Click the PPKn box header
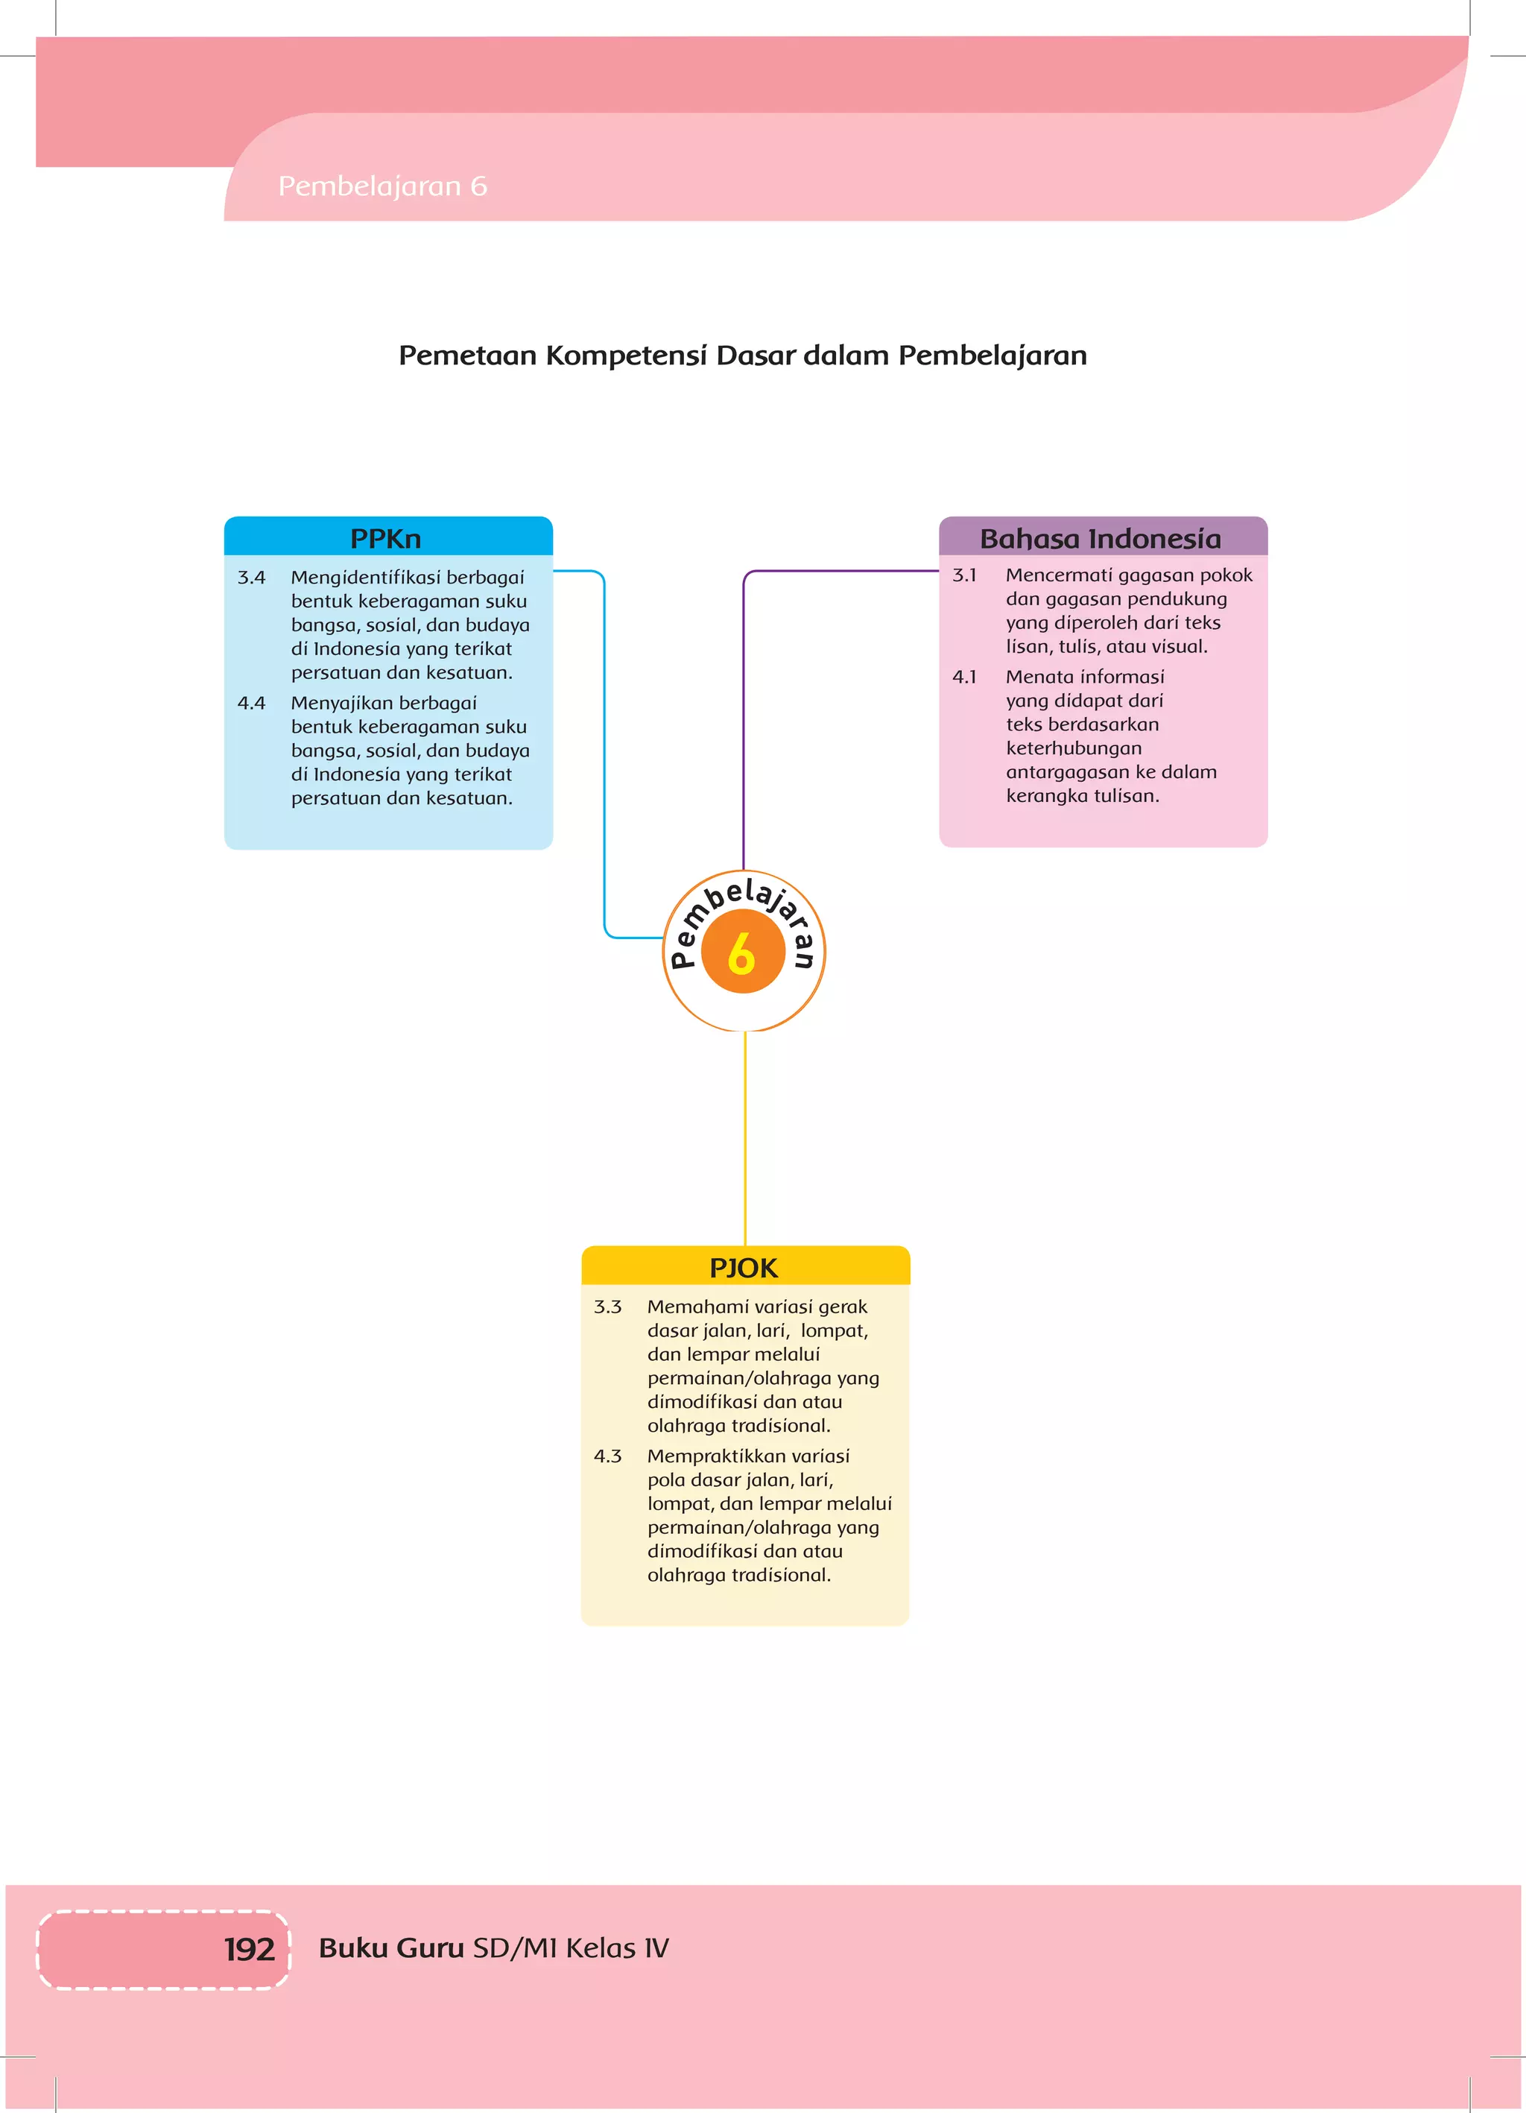click(x=387, y=538)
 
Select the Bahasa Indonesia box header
click(x=1101, y=538)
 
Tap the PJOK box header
click(x=744, y=1267)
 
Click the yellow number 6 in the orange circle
click(x=741, y=953)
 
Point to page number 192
click(x=249, y=1949)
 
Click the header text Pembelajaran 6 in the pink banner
click(x=383, y=186)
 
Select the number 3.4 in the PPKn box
click(x=252, y=578)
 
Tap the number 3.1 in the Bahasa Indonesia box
click(x=964, y=575)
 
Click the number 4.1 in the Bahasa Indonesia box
click(x=964, y=678)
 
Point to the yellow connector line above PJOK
click(x=744, y=1137)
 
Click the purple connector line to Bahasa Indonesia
click(x=744, y=708)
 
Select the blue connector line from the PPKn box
click(x=604, y=745)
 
